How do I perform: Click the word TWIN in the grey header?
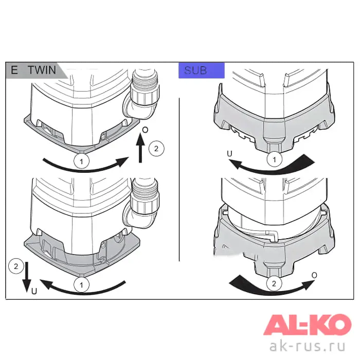[42, 70]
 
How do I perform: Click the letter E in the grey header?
[14, 70]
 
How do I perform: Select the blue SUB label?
[202, 70]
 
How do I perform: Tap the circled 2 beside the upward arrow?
[156, 149]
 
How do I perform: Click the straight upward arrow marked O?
[140, 148]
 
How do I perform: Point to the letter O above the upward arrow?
[145, 130]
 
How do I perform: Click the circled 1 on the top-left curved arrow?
[81, 161]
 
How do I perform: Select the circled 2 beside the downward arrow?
[16, 266]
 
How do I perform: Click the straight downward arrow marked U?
[27, 277]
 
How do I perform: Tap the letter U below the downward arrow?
[34, 292]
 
